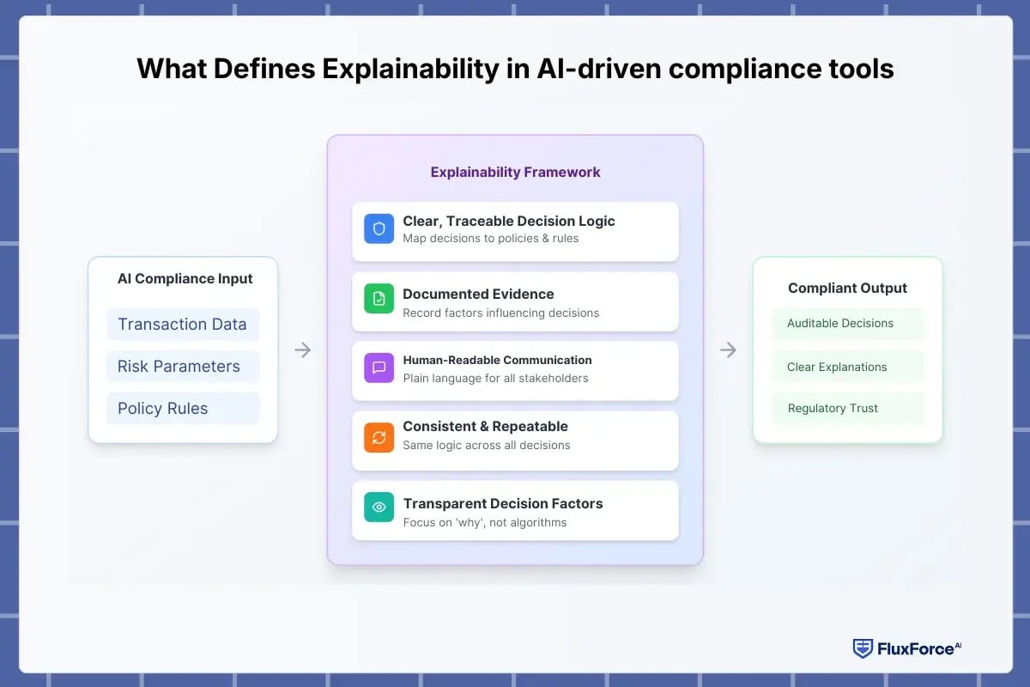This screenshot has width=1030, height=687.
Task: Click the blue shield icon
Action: (x=379, y=229)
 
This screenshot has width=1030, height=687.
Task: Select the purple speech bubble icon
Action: (x=379, y=368)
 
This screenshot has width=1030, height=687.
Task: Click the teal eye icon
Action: (x=379, y=507)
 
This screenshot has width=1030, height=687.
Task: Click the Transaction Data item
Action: (x=182, y=324)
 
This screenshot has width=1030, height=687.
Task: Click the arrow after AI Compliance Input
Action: (x=302, y=350)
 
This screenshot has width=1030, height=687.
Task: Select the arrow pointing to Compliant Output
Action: (x=728, y=350)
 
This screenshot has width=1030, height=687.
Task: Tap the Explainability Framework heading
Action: (x=515, y=172)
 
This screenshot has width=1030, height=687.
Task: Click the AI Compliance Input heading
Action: (x=185, y=278)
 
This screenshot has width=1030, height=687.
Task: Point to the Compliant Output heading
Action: (x=847, y=288)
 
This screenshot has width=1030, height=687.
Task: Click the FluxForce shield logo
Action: (x=862, y=648)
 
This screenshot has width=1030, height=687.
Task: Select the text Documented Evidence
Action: (x=478, y=294)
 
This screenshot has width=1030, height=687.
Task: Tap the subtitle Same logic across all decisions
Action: (x=486, y=445)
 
